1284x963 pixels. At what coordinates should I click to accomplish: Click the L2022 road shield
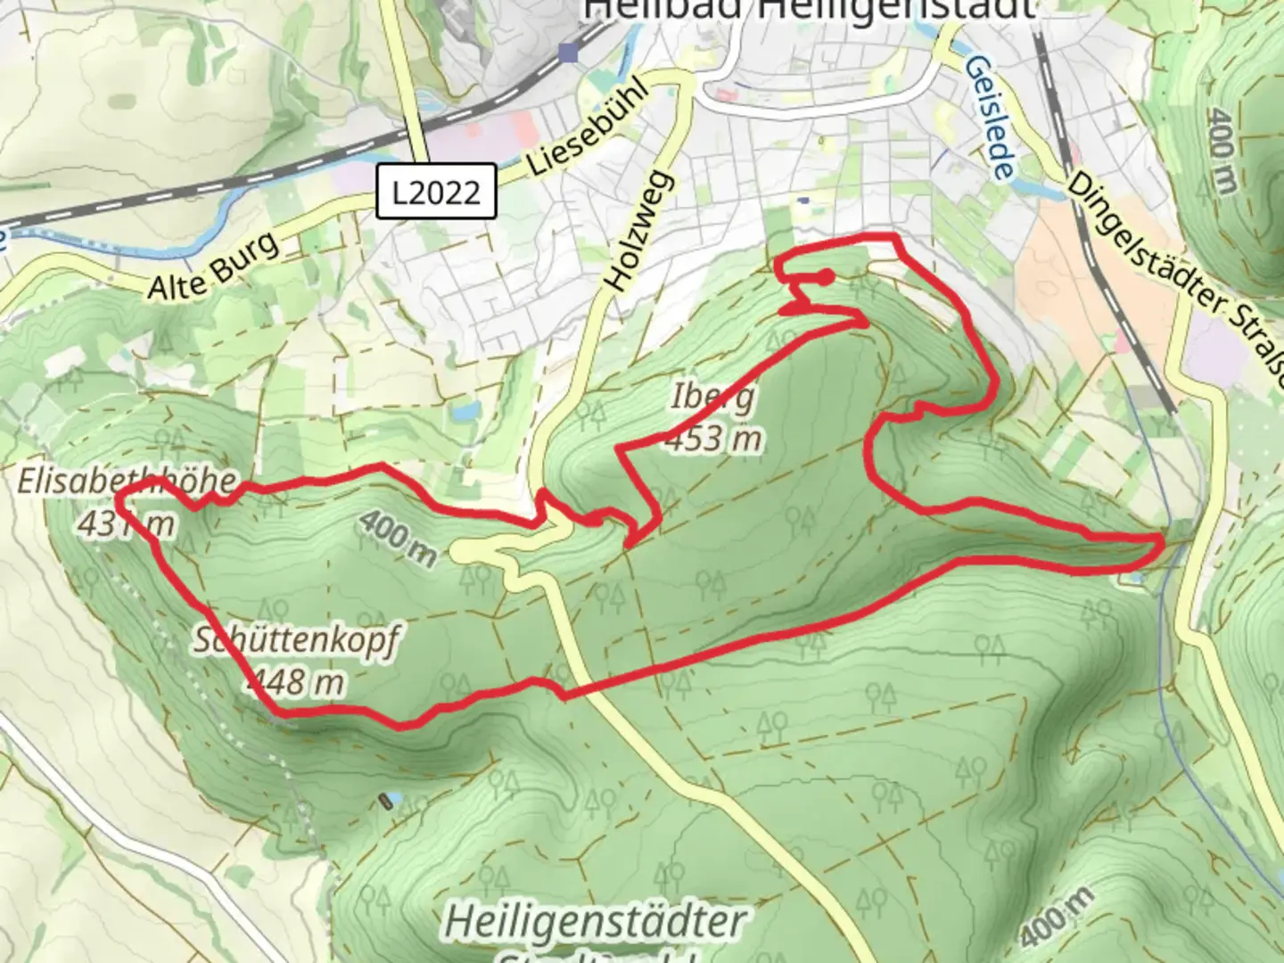(436, 192)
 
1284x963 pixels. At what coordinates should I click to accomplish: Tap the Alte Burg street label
(213, 266)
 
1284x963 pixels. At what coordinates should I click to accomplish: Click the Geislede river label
(990, 118)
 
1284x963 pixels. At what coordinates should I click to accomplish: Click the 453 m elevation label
(714, 439)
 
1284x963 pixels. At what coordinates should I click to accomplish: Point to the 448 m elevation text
(295, 682)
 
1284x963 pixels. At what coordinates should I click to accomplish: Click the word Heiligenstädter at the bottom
(596, 921)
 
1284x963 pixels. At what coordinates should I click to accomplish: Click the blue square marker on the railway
(568, 53)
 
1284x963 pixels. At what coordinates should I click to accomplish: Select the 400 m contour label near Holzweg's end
(399, 539)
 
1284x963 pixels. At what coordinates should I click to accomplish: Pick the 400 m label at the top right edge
(1222, 152)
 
